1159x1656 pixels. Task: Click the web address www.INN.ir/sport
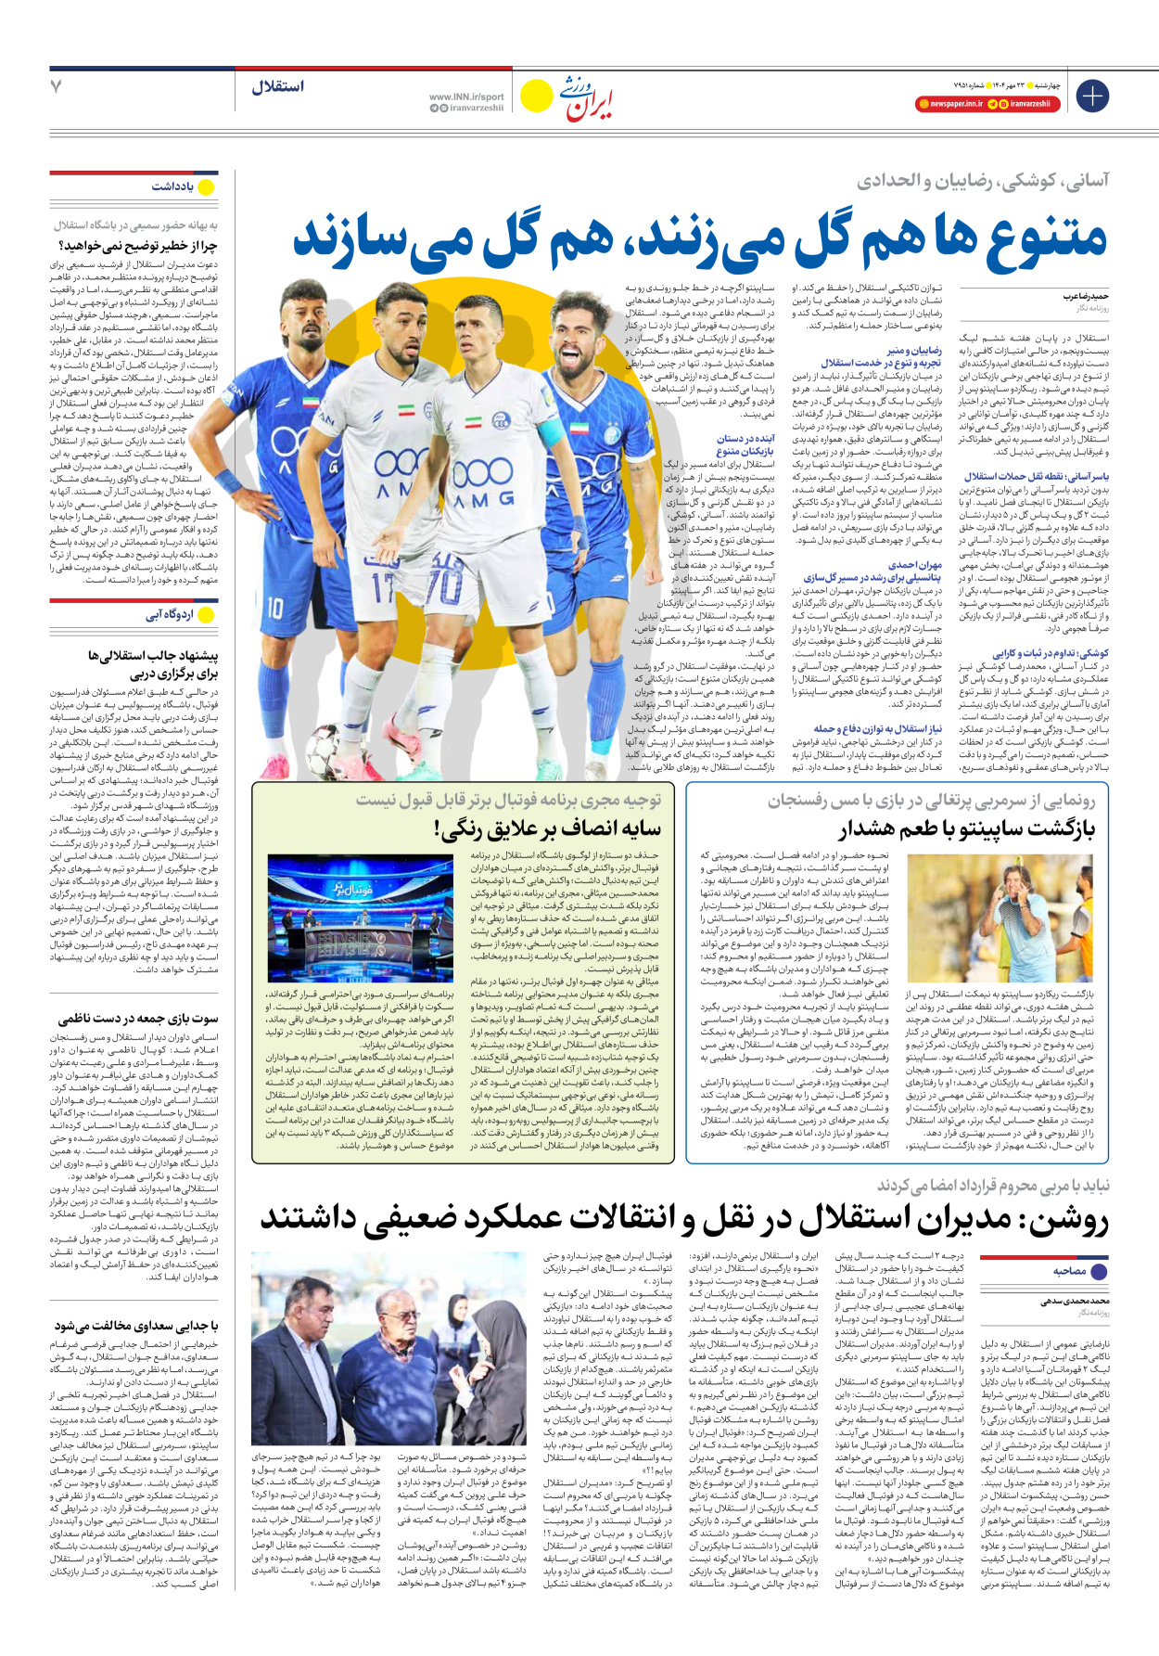[466, 96]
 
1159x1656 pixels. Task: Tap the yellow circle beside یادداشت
[206, 187]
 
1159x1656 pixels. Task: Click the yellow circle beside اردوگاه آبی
[206, 615]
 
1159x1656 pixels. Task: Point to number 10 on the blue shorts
[276, 608]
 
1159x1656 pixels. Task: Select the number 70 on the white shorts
[445, 586]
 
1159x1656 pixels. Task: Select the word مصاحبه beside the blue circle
[1070, 1271]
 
